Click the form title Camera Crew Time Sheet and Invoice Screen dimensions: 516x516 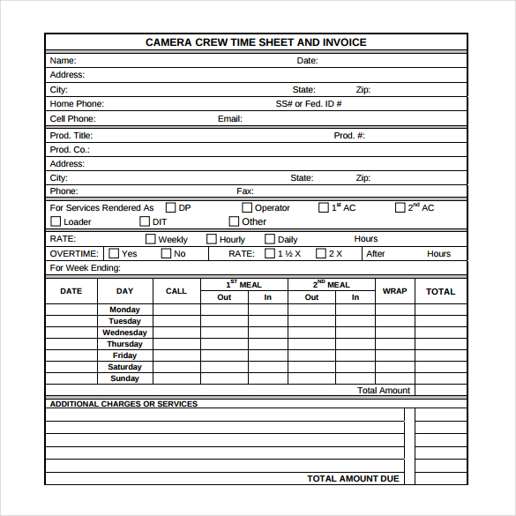pos(256,42)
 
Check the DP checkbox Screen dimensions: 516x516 pos(171,208)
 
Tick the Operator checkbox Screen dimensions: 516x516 pos(247,208)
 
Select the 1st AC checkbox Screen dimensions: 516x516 pos(323,208)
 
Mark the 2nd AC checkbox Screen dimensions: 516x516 pos(400,208)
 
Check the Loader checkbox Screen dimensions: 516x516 pos(56,222)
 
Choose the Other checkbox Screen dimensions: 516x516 pos(234,222)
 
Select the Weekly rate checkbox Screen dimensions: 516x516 pos(150,239)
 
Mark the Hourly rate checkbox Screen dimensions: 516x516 pos(212,239)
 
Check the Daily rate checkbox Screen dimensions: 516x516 pos(270,239)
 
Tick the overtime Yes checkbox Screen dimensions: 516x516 pos(114,254)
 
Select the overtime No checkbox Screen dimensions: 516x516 pos(166,254)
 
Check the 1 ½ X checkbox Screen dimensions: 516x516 pos(270,254)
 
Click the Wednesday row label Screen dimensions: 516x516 pos(124,333)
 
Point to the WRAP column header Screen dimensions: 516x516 pos(395,291)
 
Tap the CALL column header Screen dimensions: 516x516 pos(176,291)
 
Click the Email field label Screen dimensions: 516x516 pos(229,119)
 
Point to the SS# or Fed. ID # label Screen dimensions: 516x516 pos(309,104)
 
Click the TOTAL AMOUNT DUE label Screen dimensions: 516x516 pos(353,479)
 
